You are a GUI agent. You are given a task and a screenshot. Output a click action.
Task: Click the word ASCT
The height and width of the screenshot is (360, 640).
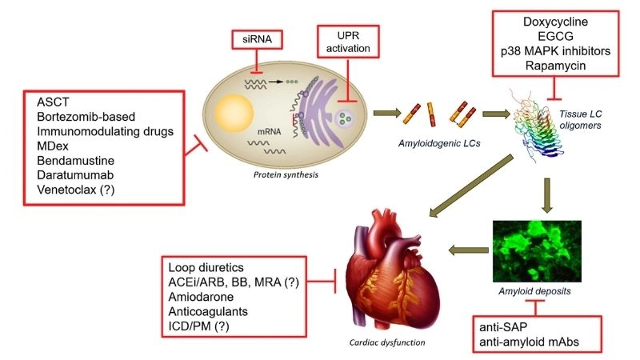tap(53, 102)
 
